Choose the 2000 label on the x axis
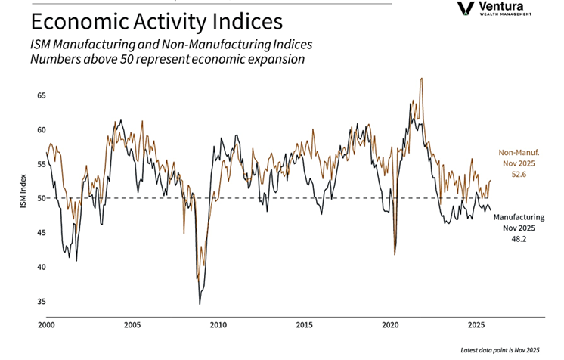coord(46,326)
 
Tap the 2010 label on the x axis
coord(218,326)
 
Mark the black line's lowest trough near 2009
coord(200,303)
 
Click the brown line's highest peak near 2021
coord(420,79)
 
